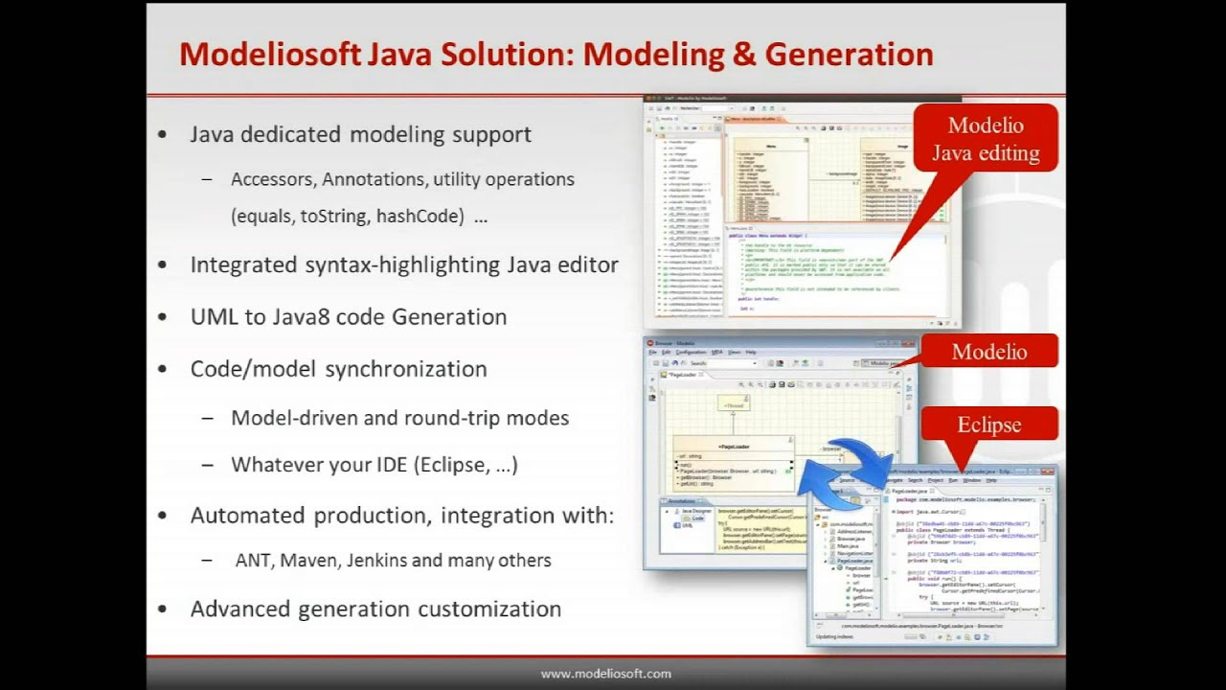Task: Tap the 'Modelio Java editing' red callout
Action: tap(986, 140)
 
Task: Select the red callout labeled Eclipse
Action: tap(988, 425)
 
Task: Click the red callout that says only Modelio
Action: tap(988, 352)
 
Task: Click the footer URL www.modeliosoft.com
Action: tap(605, 674)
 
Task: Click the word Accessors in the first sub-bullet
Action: tap(273, 179)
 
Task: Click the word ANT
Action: tap(253, 561)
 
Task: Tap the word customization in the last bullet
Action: tap(489, 609)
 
